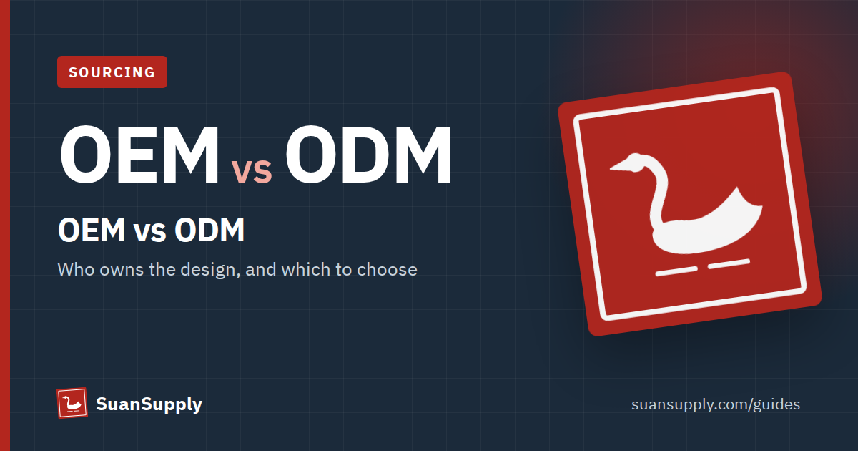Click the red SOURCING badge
coord(112,72)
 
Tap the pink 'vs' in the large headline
coord(252,170)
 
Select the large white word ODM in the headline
coord(368,155)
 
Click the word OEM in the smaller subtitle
coord(92,230)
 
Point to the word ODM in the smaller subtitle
coord(209,230)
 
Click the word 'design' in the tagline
coord(210,270)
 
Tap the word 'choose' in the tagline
coord(387,270)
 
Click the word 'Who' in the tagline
coord(76,269)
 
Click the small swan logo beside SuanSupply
coord(72,403)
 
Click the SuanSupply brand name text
coord(149,404)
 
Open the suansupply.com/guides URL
coord(716,404)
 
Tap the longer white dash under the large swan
coord(676,271)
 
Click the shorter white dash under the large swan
coord(729,264)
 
